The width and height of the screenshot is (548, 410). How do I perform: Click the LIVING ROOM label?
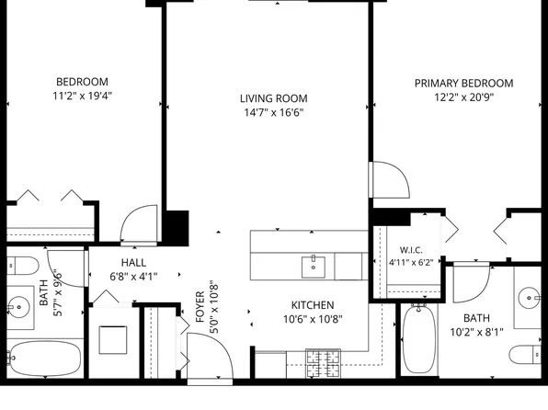pyautogui.click(x=274, y=98)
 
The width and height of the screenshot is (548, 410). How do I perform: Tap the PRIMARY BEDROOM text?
pyautogui.click(x=463, y=83)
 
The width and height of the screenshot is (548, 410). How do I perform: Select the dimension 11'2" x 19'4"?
pyautogui.click(x=82, y=96)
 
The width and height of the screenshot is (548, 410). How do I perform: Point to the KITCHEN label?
pyautogui.click(x=313, y=305)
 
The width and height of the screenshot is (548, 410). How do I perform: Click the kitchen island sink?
pyautogui.click(x=314, y=267)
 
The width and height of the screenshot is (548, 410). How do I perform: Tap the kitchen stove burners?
pyautogui.click(x=323, y=363)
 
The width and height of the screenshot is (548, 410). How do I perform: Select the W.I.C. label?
pyautogui.click(x=411, y=250)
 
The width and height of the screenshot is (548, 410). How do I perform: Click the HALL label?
pyautogui.click(x=133, y=263)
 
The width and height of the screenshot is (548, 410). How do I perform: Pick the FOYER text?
pyautogui.click(x=200, y=307)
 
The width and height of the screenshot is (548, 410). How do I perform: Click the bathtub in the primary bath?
pyautogui.click(x=418, y=338)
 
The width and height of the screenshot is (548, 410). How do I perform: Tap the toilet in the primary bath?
pyautogui.click(x=525, y=355)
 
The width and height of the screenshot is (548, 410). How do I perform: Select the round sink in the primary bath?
pyautogui.click(x=529, y=298)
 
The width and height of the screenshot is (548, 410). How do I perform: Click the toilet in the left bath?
pyautogui.click(x=22, y=266)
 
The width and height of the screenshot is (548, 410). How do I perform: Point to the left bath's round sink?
pyautogui.click(x=18, y=307)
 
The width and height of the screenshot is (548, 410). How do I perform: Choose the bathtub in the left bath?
pyautogui.click(x=45, y=358)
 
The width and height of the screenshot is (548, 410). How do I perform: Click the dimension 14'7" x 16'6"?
pyautogui.click(x=274, y=112)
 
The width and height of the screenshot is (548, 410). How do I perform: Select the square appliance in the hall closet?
pyautogui.click(x=113, y=340)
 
